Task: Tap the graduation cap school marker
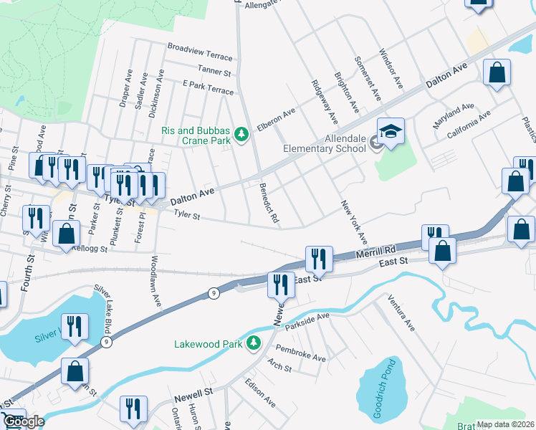391,131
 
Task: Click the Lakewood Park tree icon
252,344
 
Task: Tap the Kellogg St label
90,249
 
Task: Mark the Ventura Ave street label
401,312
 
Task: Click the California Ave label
469,124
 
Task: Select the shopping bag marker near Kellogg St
67,234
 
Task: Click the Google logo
23,421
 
